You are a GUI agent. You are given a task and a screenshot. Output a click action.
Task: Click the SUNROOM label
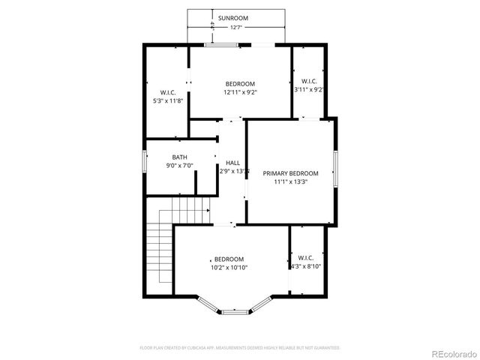[233, 17]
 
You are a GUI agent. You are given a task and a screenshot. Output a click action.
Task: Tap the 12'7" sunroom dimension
[235, 27]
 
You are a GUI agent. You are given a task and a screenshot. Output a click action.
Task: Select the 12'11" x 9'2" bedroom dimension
[240, 92]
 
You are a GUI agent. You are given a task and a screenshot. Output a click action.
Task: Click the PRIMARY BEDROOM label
[290, 172]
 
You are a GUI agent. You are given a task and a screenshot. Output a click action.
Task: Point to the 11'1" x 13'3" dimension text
[290, 181]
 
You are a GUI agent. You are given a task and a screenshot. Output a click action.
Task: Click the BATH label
[179, 157]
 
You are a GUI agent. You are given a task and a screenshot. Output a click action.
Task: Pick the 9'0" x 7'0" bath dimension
[179, 166]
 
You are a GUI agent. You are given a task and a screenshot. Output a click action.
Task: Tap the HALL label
[232, 163]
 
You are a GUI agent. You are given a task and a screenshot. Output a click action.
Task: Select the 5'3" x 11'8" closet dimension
[168, 100]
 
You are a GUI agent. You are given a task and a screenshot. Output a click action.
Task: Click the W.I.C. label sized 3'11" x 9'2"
[309, 81]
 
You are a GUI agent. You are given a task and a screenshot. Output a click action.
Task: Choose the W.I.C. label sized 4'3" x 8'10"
[305, 257]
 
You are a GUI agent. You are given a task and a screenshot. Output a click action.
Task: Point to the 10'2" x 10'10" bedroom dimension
[229, 268]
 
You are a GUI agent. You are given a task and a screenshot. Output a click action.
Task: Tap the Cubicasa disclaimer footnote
[240, 348]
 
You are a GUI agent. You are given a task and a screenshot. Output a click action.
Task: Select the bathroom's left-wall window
[145, 161]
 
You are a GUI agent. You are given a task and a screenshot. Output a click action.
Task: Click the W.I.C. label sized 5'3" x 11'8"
[168, 92]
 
